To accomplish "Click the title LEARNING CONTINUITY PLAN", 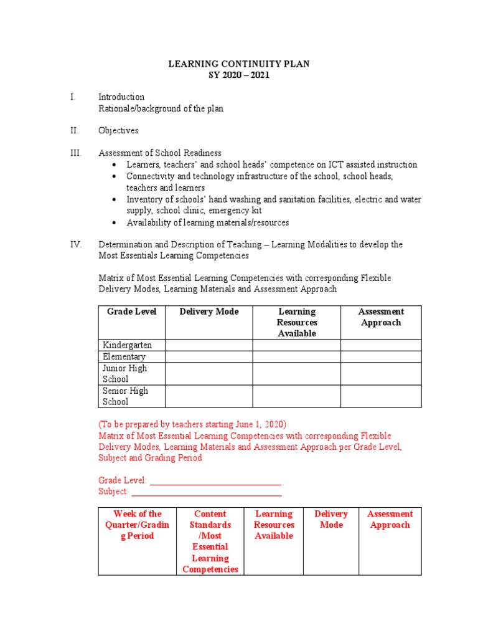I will coord(239,64).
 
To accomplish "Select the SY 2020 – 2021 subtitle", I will coord(239,75).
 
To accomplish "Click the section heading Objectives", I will coord(118,131).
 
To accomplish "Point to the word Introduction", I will coord(121,97).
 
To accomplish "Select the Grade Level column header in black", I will coord(131,312).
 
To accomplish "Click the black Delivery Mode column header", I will coord(209,312).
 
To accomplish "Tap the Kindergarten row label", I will coord(127,345).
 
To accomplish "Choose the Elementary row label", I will coord(124,357).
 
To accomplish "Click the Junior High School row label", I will coord(124,374).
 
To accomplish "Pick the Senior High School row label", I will coord(125,396).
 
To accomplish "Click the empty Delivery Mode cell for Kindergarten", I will coord(209,345).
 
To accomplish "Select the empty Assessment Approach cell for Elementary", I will coord(380,357).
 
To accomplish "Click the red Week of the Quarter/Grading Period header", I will coord(137,525).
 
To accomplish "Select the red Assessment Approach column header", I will coord(390,520).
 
